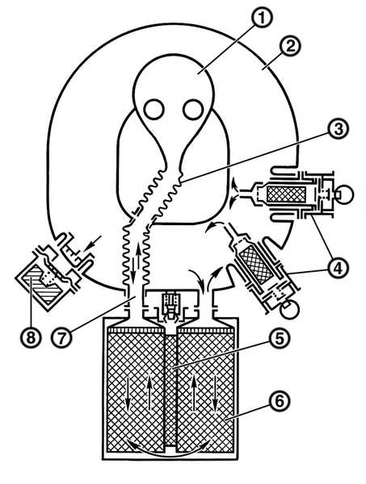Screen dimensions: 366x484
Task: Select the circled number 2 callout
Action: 289,47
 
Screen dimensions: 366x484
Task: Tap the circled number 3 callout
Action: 339,129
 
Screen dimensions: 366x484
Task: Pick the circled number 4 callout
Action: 339,267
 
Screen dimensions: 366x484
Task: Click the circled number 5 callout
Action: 279,338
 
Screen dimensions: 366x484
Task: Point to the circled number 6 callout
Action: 280,401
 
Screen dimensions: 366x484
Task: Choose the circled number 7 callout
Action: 62,337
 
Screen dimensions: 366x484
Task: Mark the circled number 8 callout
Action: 31,337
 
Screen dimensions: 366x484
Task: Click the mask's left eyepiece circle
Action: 154,110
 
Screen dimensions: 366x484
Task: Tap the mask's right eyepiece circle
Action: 193,110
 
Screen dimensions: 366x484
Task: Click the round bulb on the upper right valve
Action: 345,194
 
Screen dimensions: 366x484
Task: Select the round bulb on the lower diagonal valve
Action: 290,309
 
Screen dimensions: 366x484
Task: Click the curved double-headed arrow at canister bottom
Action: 170,450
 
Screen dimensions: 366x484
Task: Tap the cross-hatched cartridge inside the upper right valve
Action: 286,194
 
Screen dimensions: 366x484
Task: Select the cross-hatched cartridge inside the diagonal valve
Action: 256,265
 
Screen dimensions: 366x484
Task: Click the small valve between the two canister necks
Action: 170,307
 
